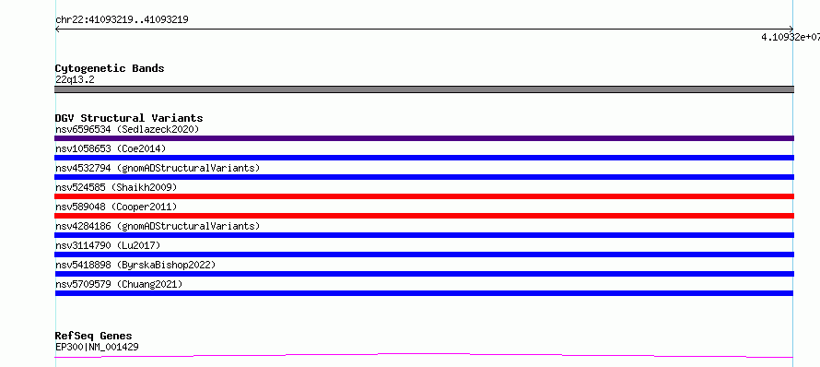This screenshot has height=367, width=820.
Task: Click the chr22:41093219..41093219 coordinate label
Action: [122, 20]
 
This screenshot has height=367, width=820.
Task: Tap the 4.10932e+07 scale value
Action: [791, 37]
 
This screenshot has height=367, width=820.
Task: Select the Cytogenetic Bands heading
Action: [110, 68]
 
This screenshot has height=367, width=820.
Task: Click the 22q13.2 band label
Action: [75, 79]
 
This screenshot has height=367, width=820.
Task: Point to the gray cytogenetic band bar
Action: [424, 89]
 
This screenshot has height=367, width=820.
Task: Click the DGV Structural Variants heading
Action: [129, 118]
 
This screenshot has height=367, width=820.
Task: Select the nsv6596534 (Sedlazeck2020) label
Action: [127, 129]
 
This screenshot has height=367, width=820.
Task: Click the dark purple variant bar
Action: [424, 138]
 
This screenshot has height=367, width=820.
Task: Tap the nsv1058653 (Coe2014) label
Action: [111, 148]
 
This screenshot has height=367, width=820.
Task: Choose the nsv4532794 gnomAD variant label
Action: [158, 168]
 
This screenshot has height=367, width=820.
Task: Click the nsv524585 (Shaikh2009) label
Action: [116, 187]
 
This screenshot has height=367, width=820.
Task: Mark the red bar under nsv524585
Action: [424, 196]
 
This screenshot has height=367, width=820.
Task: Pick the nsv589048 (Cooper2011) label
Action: [116, 207]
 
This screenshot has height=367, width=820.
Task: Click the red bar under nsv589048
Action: [424, 216]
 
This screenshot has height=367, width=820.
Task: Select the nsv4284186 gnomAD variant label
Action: [158, 226]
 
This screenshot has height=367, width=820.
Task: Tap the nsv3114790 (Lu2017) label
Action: [108, 245]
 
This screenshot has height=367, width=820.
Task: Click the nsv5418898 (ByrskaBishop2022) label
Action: [135, 265]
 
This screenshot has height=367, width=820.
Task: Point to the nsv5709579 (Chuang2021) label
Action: [119, 284]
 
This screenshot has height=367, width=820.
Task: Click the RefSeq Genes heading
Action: [94, 336]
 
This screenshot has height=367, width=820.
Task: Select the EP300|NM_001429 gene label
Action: [97, 347]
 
